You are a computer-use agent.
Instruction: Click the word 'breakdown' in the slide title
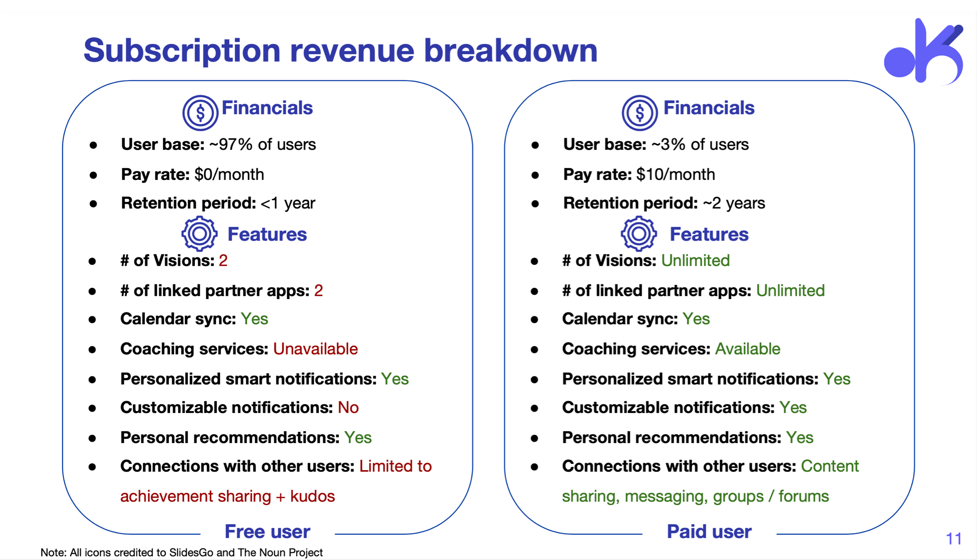click(511, 50)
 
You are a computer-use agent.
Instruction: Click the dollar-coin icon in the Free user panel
click(200, 113)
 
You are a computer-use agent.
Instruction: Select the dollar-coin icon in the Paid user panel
click(640, 113)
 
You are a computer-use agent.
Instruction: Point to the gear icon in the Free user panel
click(199, 233)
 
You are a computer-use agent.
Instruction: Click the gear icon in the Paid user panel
click(639, 233)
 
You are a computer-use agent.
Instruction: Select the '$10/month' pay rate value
click(675, 175)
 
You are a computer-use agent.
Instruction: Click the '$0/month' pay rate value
click(229, 175)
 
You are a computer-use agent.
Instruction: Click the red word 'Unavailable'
click(315, 349)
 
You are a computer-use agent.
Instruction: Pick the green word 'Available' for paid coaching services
click(748, 349)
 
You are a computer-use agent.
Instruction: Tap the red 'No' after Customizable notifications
click(348, 408)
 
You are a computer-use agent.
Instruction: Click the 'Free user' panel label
click(268, 532)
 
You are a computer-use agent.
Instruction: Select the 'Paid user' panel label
click(709, 532)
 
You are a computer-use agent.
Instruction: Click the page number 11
click(954, 539)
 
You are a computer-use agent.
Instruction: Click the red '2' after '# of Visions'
click(223, 261)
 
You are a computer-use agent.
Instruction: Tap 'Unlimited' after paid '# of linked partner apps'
click(791, 291)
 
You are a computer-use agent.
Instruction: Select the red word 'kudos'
click(313, 496)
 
